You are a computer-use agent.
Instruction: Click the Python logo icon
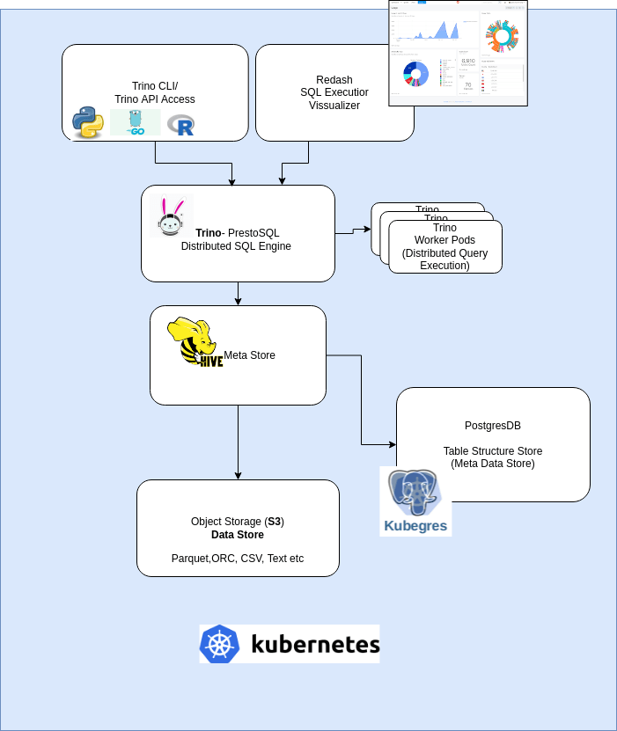coord(88,122)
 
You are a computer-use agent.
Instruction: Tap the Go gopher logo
coord(136,122)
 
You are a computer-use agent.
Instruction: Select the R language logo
coord(181,125)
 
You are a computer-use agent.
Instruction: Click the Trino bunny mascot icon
coord(170,216)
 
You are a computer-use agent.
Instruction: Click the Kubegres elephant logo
coord(415,501)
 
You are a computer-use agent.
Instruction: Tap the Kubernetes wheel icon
coord(219,644)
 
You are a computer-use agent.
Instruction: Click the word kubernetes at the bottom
coord(315,644)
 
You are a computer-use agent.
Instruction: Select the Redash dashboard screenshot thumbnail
coord(458,53)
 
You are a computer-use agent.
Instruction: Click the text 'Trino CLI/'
coord(155,86)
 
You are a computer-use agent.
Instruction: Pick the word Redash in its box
coord(334,80)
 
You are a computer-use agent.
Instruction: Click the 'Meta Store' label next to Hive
coord(249,355)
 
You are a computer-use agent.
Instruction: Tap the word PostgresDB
coord(493,425)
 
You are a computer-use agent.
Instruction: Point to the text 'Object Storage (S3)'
coord(238,522)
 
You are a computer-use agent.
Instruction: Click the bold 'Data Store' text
coord(238,534)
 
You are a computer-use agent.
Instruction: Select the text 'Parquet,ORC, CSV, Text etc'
coord(238,559)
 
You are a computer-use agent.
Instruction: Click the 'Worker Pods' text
coord(444,240)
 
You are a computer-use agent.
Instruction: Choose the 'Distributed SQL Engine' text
coord(236,246)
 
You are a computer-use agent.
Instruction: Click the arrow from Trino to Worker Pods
coord(353,231)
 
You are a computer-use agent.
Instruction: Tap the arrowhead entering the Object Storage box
coord(238,475)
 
